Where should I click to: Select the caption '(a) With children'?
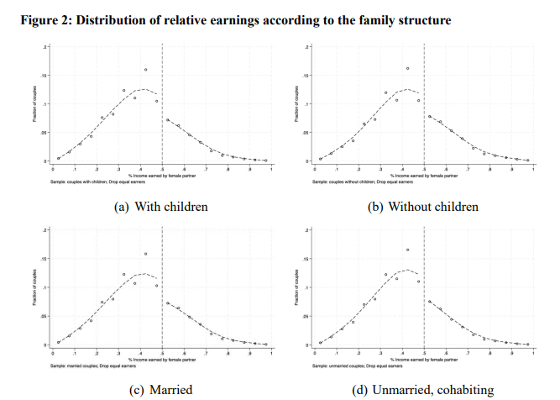pyautogui.click(x=160, y=207)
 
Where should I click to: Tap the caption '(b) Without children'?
pyautogui.click(x=425, y=207)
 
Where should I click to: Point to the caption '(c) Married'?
pyautogui.click(x=160, y=390)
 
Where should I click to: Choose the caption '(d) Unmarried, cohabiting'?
pyautogui.click(x=425, y=390)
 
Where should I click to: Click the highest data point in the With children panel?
pyautogui.click(x=145, y=70)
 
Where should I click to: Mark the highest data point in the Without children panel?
pyautogui.click(x=407, y=69)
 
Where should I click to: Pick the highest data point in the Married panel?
pyautogui.click(x=145, y=254)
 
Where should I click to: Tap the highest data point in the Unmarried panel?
pyautogui.click(x=407, y=250)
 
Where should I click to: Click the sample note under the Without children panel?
pyautogui.click(x=358, y=182)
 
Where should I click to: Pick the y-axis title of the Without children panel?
pyautogui.click(x=297, y=105)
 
